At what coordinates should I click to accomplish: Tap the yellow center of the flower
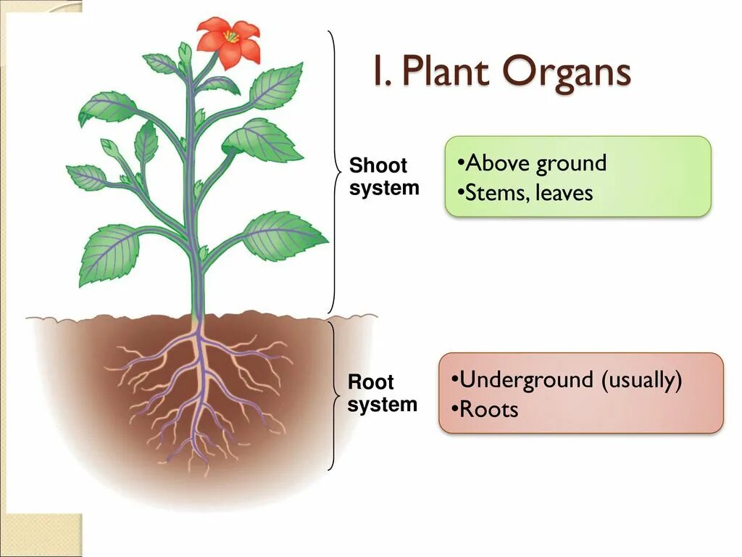point(230,36)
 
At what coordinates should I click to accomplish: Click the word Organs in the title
point(558,73)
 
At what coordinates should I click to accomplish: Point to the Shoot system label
point(384,176)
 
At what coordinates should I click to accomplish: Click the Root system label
point(382,393)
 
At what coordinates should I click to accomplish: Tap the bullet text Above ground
point(535,163)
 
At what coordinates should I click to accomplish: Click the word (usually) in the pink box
point(641,380)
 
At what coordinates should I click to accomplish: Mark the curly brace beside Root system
point(333,396)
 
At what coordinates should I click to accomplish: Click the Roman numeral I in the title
point(378,73)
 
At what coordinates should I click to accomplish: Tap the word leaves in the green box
point(564,193)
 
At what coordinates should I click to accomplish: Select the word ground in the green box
point(571,164)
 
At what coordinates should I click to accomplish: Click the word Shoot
point(378,165)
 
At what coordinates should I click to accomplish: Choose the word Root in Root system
point(370,382)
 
